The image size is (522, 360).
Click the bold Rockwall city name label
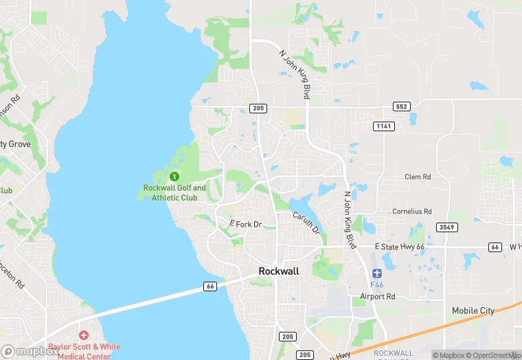point(279,271)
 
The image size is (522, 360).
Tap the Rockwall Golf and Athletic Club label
point(174,192)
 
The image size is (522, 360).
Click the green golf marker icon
point(174,177)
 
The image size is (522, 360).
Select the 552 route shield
point(402,106)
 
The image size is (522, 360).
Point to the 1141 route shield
point(384,126)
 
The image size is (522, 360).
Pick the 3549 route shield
point(446,227)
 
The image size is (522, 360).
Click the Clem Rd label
point(418,177)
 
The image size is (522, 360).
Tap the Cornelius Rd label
point(411,212)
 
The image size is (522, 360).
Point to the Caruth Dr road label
point(306,223)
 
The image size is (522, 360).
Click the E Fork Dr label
point(245,225)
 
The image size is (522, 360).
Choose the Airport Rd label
point(378,297)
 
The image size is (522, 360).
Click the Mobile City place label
point(473,311)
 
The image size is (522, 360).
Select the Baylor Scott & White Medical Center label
point(84,350)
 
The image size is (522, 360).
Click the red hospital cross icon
point(84,335)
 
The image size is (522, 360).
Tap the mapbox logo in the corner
point(29,351)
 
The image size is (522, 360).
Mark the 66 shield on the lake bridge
point(210,286)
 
